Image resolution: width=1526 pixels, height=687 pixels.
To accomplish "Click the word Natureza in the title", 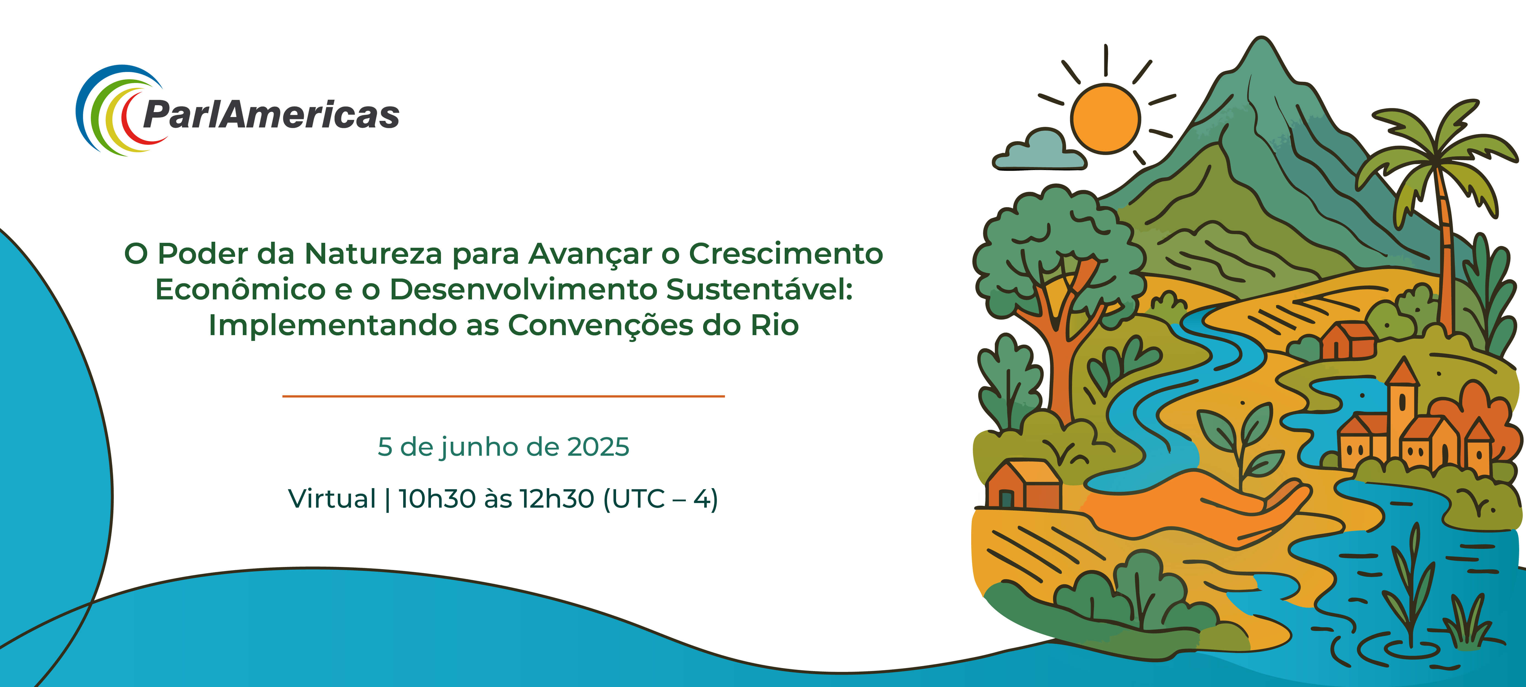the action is tap(373, 254).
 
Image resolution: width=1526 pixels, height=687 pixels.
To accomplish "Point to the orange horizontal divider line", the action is tap(503, 396).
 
